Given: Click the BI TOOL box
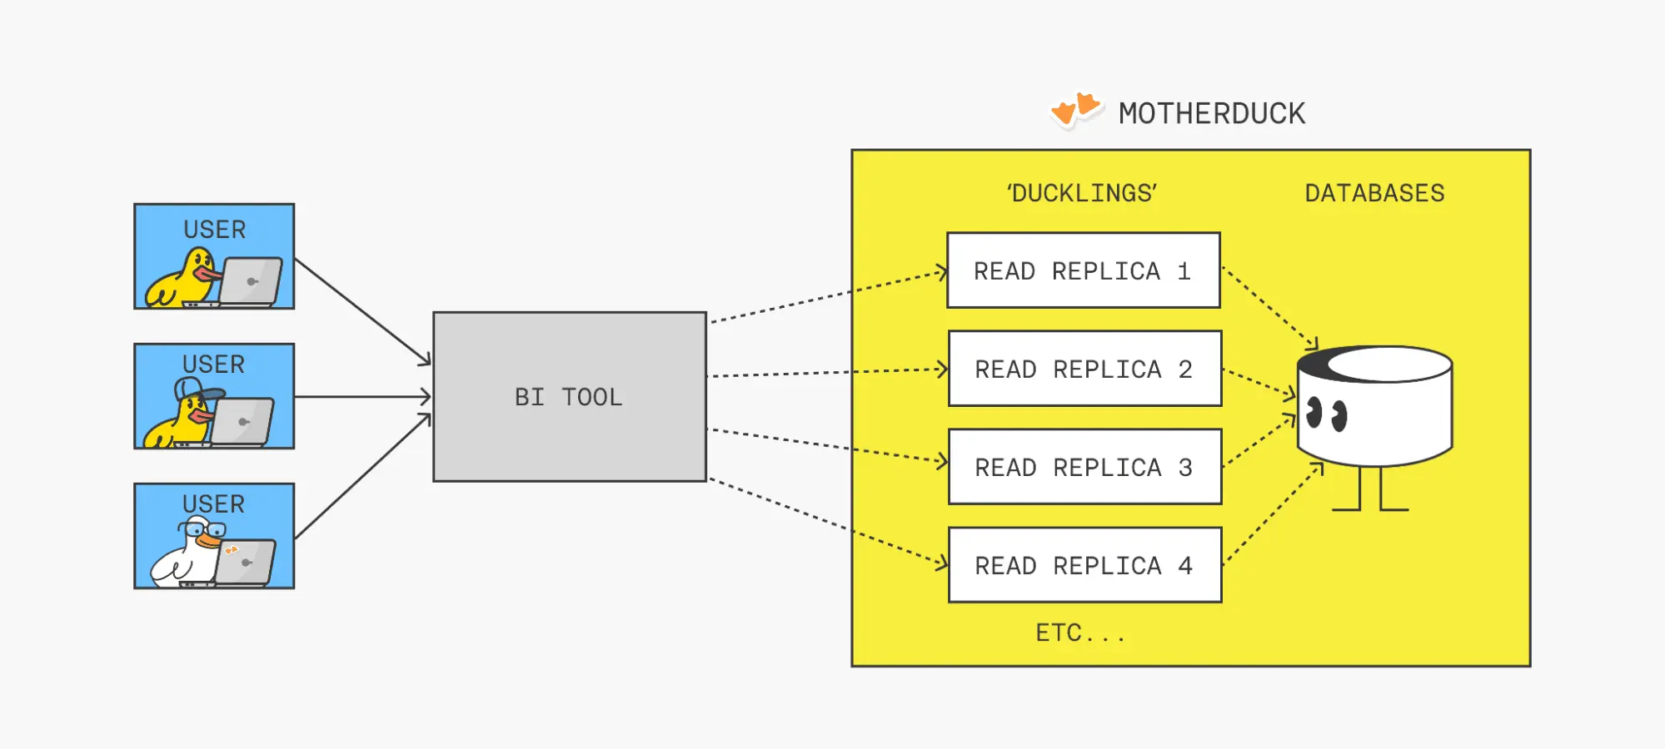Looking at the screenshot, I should tap(569, 397).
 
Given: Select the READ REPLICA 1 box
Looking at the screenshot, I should tap(1083, 270).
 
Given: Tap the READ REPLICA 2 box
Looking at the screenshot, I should tap(1084, 369).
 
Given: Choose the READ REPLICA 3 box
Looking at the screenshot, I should tap(1084, 467).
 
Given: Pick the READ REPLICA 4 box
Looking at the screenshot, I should tap(1084, 565).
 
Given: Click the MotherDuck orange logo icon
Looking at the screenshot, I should tap(1076, 109).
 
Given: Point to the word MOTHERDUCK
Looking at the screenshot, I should tap(1212, 113).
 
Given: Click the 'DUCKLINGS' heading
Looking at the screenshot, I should tap(1081, 193).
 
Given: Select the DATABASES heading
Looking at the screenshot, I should tap(1374, 193).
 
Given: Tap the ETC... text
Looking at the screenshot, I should tap(1079, 633).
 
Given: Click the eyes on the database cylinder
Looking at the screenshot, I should tap(1326, 414).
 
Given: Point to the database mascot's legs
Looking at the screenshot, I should tap(1370, 490).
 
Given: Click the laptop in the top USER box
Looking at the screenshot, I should tap(250, 281).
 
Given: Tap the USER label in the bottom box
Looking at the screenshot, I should tap(213, 504).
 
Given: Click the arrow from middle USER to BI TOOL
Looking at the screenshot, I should tap(362, 397).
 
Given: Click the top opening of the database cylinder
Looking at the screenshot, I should tap(1389, 364).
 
